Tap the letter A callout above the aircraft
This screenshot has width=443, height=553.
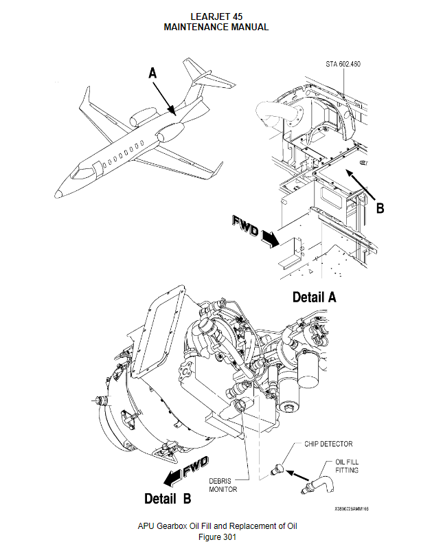pos(152,72)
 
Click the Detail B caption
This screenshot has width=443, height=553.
pos(168,497)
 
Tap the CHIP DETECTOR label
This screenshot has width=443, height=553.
pos(328,444)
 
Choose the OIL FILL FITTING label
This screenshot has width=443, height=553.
pos(346,466)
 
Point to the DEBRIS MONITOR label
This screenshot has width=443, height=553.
pos(223,485)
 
